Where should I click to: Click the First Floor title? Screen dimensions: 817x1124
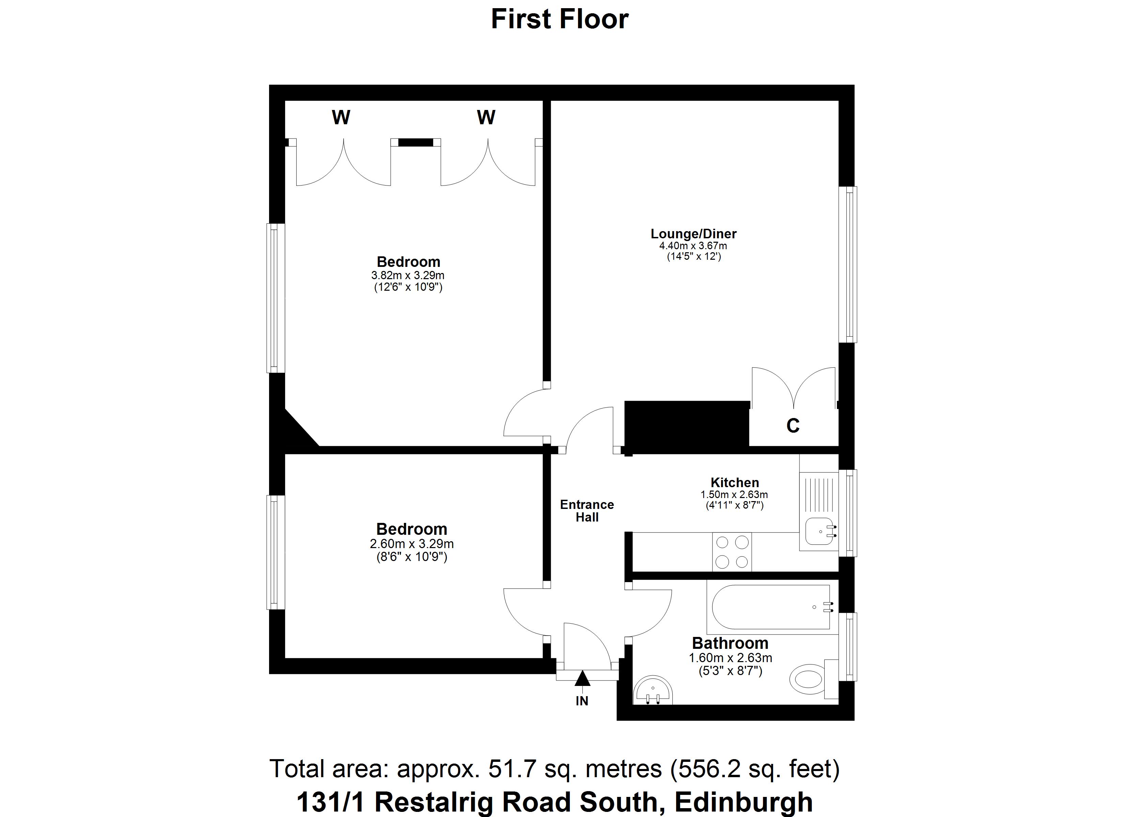[560, 19]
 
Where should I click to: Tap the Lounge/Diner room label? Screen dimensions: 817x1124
[693, 234]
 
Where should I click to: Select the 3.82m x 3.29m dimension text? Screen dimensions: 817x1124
[407, 275]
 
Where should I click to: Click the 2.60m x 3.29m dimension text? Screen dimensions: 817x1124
[411, 544]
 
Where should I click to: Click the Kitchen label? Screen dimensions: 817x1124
[734, 483]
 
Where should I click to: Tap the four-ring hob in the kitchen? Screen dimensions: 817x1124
[732, 552]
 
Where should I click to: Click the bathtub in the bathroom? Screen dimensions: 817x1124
[771, 607]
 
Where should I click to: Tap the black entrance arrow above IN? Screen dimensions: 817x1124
[582, 678]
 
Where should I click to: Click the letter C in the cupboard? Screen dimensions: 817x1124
[793, 426]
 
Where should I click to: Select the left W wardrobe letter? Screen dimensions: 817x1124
[341, 117]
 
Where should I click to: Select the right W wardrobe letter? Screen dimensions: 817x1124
[486, 117]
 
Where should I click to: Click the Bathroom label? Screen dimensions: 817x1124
[730, 643]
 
